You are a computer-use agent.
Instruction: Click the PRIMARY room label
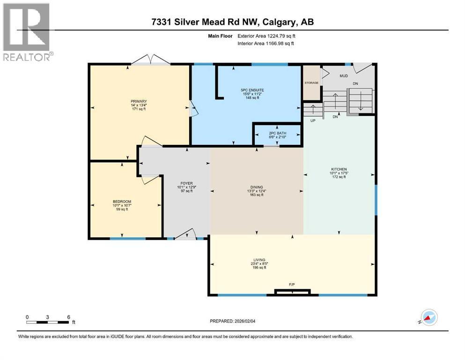(x=139, y=101)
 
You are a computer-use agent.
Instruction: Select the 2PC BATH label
(x=278, y=133)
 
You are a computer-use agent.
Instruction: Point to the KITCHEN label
(x=339, y=169)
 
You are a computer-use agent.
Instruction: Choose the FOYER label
(x=187, y=183)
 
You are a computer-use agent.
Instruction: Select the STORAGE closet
(x=312, y=83)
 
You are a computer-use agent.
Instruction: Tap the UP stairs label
(x=312, y=120)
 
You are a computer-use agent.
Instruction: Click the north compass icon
(x=428, y=317)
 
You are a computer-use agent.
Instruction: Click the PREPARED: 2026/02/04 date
(x=236, y=321)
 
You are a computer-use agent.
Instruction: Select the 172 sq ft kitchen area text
(x=339, y=177)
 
